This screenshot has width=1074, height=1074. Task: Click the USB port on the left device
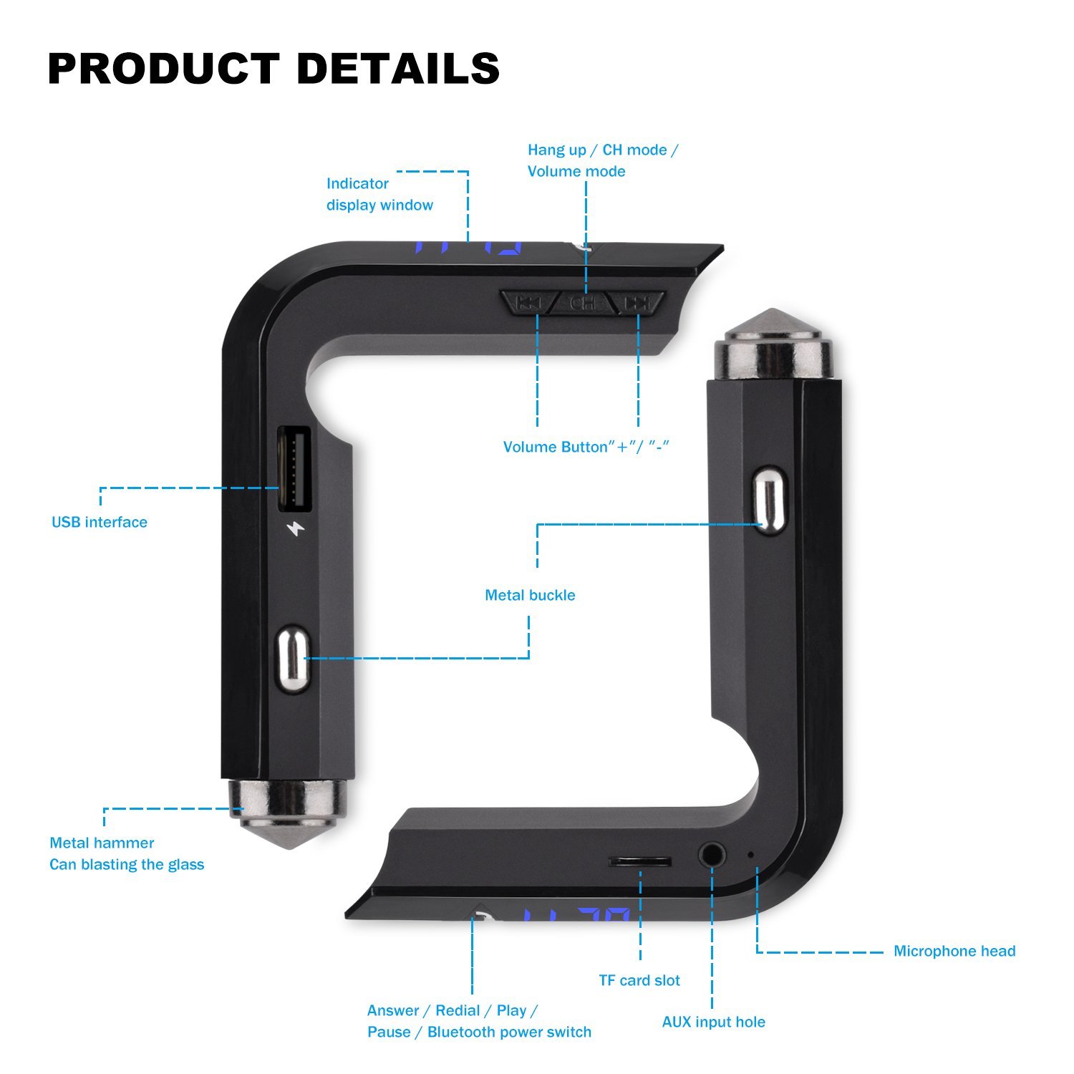(x=294, y=469)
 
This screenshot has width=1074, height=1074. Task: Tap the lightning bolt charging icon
(x=295, y=530)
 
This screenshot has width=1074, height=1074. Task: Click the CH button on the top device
(x=583, y=304)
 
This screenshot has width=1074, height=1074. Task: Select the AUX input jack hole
(x=712, y=854)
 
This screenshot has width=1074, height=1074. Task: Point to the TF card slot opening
(x=640, y=861)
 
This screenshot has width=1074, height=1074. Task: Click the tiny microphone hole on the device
(x=750, y=854)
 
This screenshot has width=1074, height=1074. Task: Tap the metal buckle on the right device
(x=769, y=499)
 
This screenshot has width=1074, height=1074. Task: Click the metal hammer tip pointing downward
(x=286, y=816)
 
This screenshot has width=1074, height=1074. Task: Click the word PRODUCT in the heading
(x=163, y=69)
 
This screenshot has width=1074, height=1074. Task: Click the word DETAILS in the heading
(x=398, y=69)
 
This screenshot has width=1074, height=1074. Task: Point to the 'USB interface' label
(x=100, y=522)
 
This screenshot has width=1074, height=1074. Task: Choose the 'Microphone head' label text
(x=954, y=951)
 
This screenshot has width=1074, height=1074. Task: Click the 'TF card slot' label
(x=639, y=980)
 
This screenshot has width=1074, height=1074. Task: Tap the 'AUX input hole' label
(x=713, y=1022)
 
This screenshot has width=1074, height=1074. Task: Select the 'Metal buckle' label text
(x=530, y=595)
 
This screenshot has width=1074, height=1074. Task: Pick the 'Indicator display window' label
(x=379, y=194)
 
